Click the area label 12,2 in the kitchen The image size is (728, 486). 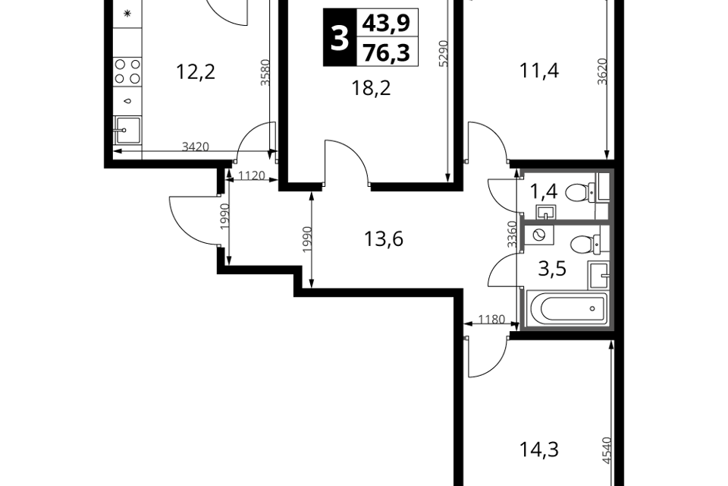[196, 72]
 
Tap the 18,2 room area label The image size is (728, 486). [371, 87]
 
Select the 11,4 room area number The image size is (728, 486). [539, 71]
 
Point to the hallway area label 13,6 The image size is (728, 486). [384, 239]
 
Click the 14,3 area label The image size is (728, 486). [538, 450]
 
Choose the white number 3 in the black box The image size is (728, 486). [340, 38]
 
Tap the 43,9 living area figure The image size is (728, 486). [386, 22]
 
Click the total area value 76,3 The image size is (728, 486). [386, 52]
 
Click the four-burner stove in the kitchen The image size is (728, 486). [127, 71]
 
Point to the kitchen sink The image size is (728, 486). [127, 130]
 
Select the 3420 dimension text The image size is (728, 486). [196, 147]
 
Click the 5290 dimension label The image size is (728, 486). [444, 53]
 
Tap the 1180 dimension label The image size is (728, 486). [491, 320]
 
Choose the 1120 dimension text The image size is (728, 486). [252, 176]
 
